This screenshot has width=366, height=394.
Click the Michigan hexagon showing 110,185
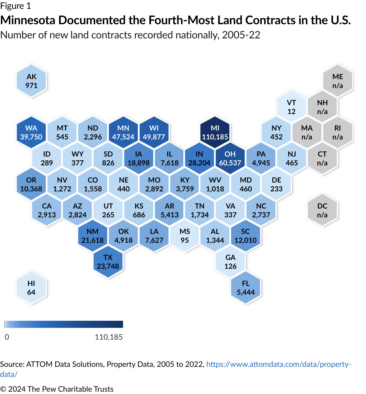tap(215, 132)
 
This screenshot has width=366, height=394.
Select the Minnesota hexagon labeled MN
tap(123, 132)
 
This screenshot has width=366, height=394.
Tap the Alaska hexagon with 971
tap(31, 81)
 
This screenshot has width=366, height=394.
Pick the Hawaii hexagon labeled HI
tap(31, 288)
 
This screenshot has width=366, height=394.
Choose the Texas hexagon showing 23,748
tap(108, 262)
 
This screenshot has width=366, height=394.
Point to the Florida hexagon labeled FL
tap(246, 288)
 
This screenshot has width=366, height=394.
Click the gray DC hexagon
tap(322, 210)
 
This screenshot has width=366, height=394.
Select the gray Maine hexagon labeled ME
tap(338, 81)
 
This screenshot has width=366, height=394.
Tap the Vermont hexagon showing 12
tap(292, 107)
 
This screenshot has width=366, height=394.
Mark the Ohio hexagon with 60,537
tap(230, 158)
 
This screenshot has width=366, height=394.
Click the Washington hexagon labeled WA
tap(31, 132)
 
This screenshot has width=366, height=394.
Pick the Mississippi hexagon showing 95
tap(185, 236)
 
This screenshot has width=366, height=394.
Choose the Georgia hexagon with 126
tap(231, 262)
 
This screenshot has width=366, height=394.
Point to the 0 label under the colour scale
tap(7, 337)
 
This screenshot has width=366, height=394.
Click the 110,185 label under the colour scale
tap(109, 337)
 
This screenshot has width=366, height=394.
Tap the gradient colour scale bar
tap(64, 324)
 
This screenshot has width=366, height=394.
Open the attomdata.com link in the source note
tap(278, 364)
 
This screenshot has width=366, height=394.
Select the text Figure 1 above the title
tap(15, 6)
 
